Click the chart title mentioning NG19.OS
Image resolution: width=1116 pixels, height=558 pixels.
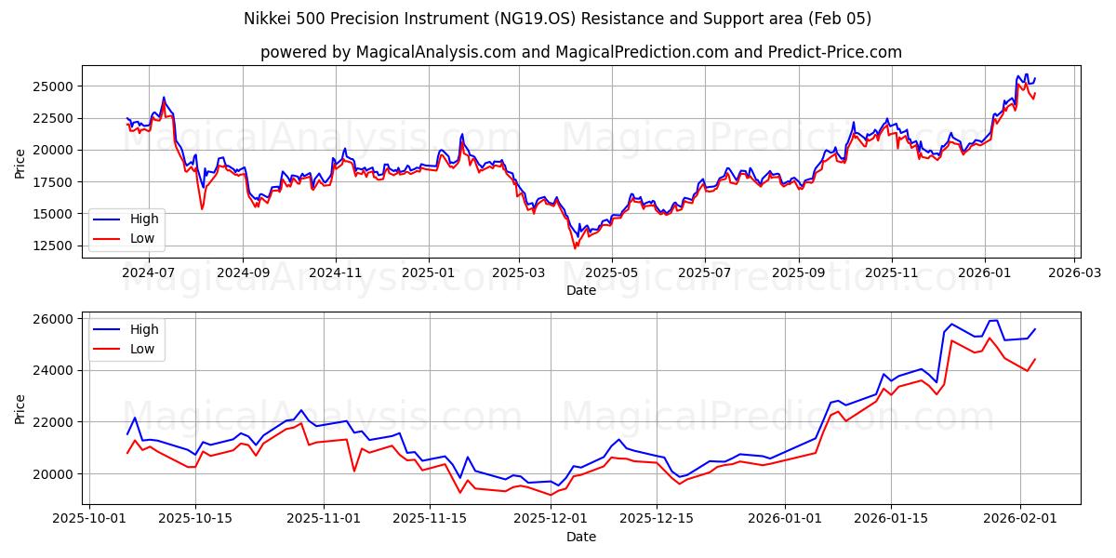click(x=557, y=19)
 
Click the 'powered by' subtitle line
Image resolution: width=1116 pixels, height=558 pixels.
click(x=580, y=52)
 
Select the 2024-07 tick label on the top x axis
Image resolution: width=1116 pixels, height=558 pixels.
click(x=150, y=273)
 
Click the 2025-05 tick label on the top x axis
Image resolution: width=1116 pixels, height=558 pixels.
click(x=611, y=273)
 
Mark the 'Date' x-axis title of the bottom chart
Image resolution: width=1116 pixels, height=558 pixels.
click(x=580, y=537)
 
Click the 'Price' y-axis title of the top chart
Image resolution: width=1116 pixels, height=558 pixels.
click(x=20, y=162)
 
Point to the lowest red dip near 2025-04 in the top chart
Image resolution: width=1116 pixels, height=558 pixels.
click(x=575, y=247)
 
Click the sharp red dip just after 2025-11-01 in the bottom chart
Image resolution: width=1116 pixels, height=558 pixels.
click(x=354, y=471)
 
